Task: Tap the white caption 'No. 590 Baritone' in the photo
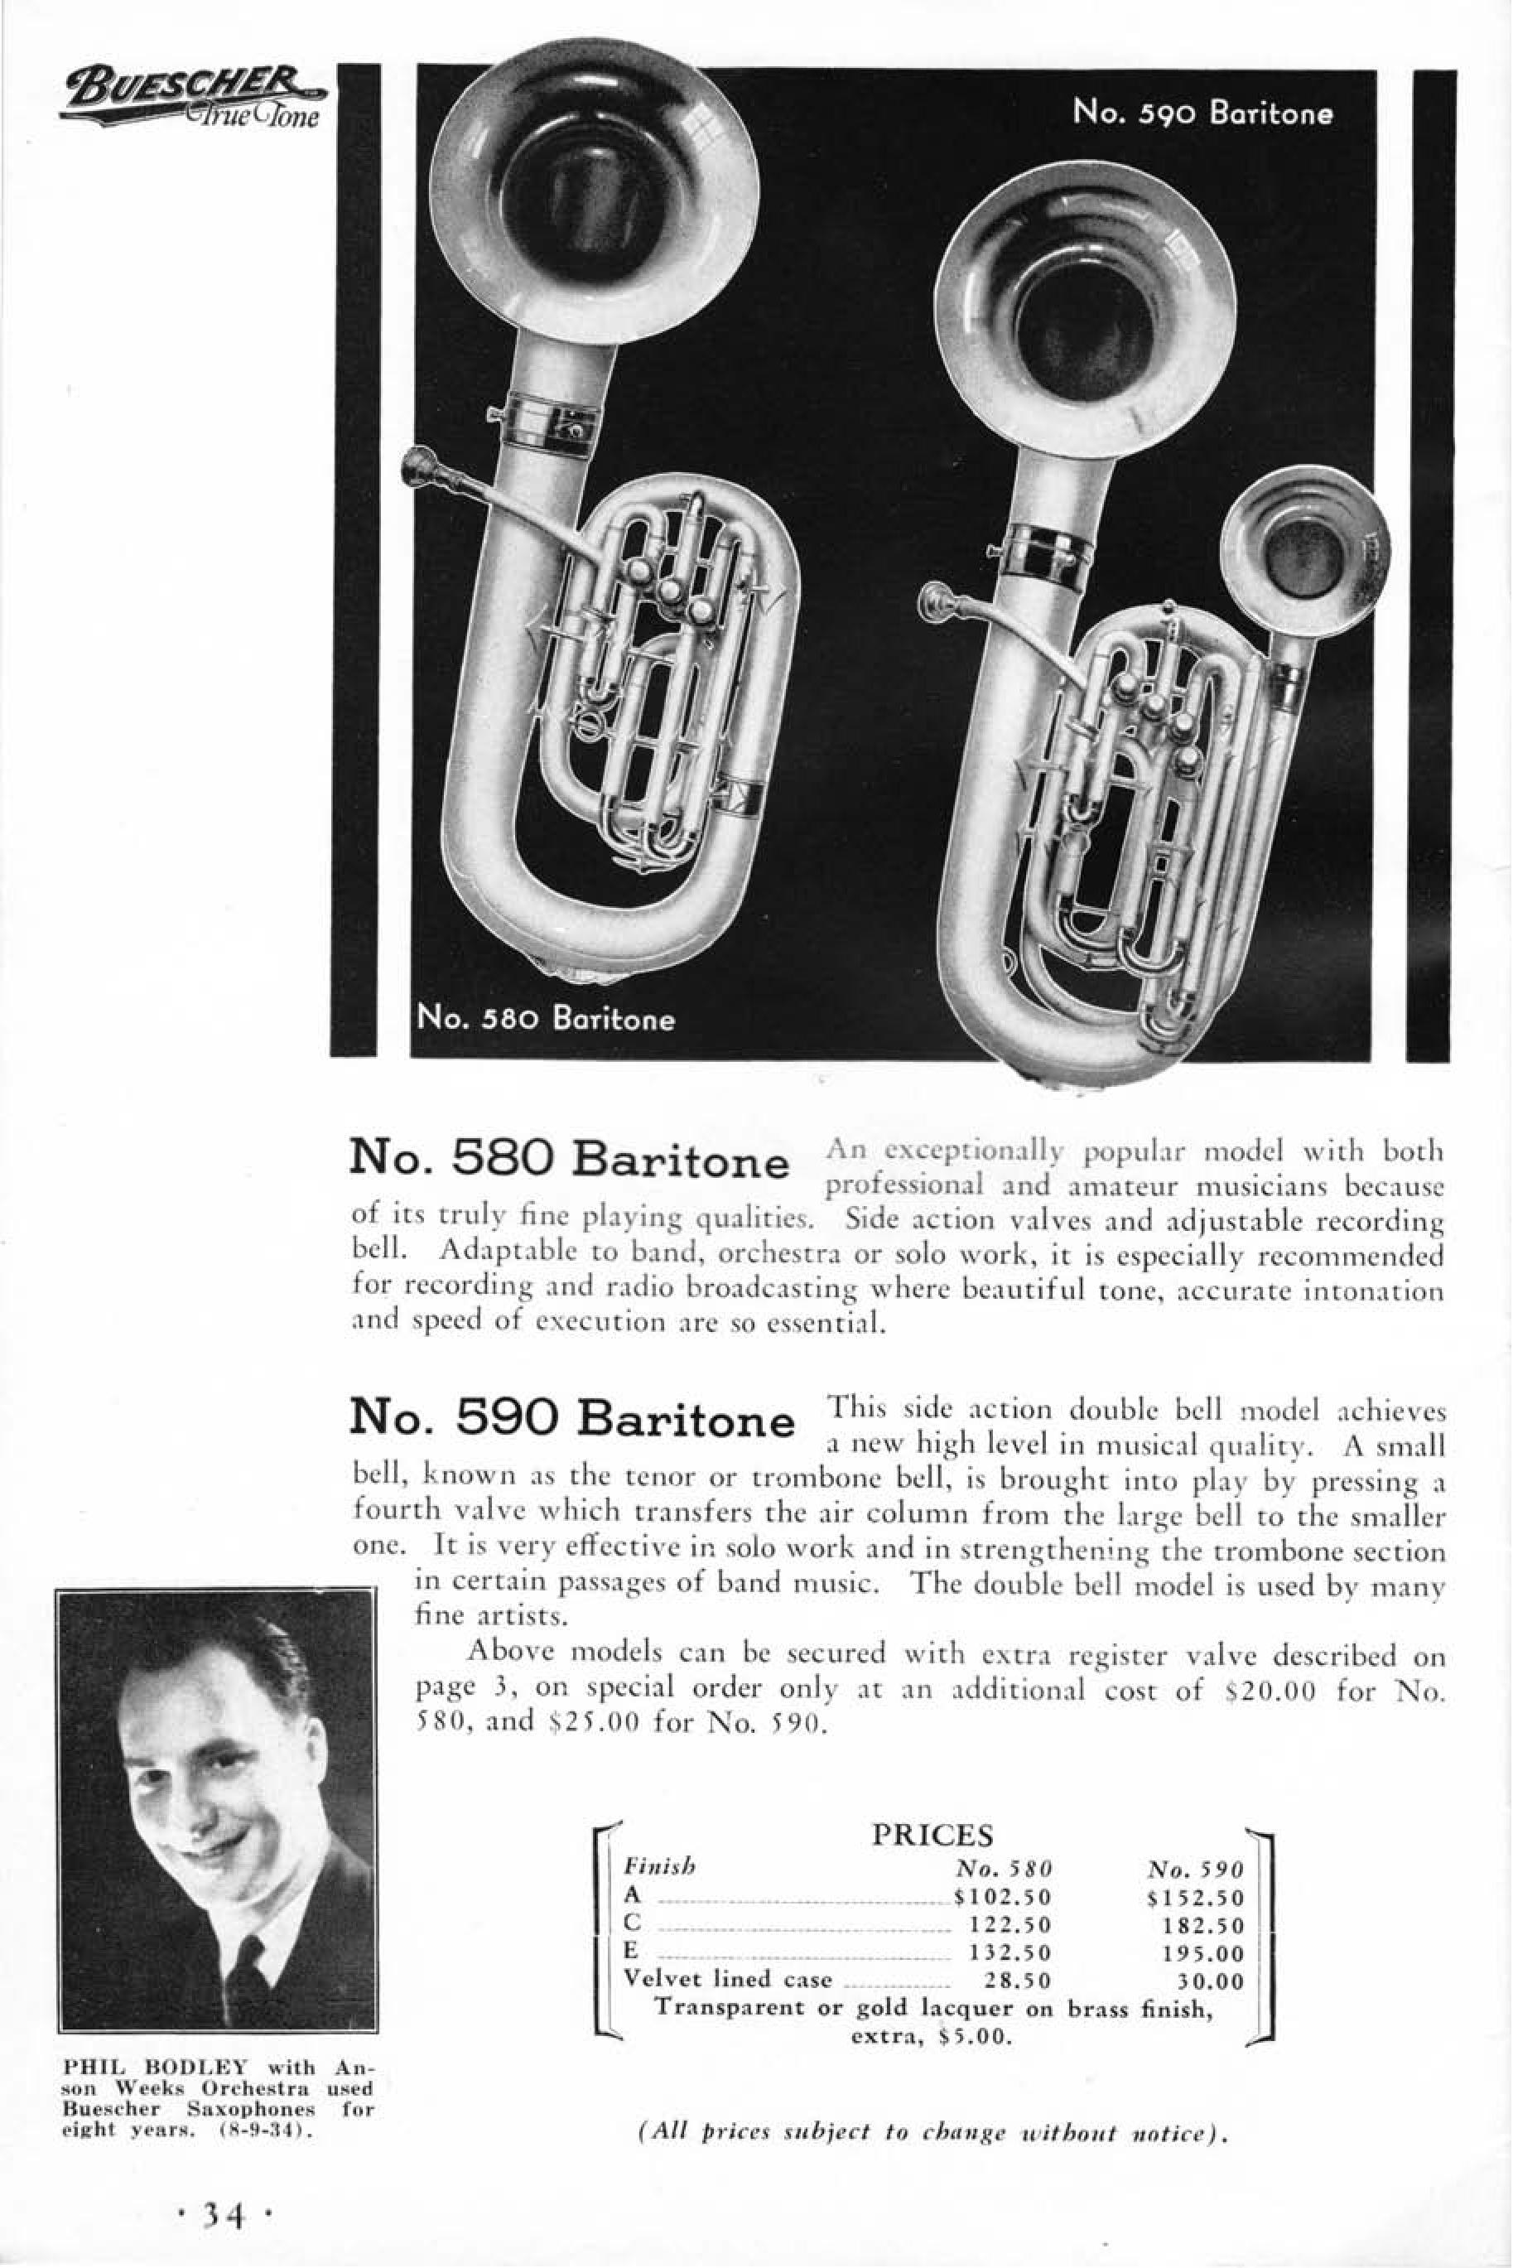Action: click(x=1202, y=113)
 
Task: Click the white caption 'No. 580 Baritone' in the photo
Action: click(x=545, y=1018)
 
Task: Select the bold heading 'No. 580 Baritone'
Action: click(x=568, y=1159)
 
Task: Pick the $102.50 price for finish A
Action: click(x=1000, y=1870)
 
